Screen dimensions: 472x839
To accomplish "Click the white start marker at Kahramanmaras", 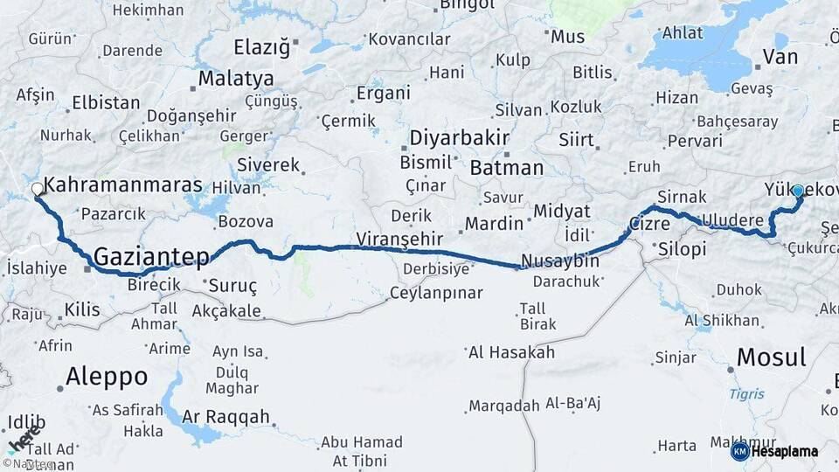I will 38,189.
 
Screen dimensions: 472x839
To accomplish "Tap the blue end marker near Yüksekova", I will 797,190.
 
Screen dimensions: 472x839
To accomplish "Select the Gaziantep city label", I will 151,257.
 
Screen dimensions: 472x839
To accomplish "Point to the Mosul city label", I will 771,357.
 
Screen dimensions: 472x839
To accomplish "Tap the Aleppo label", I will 107,377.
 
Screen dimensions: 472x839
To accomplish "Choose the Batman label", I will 506,168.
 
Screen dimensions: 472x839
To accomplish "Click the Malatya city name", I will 235,79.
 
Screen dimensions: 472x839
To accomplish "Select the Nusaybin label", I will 559,260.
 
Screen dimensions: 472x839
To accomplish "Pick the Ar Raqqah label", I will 226,417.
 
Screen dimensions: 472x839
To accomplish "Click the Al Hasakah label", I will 511,352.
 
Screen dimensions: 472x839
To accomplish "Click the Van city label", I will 780,58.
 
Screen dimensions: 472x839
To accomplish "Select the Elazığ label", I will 261,47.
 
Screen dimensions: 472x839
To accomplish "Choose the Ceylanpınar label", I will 436,293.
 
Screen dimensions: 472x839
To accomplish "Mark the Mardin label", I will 493,224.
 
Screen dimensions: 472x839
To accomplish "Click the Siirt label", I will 576,140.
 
